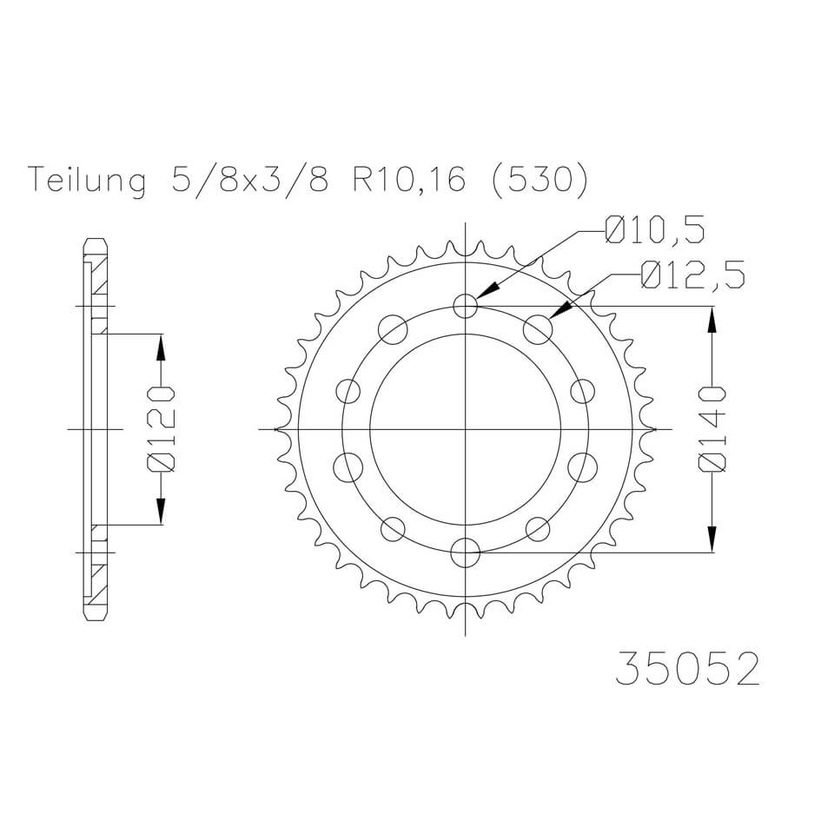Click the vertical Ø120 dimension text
[x=162, y=429]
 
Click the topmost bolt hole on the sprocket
[x=467, y=305]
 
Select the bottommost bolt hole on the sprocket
[x=467, y=551]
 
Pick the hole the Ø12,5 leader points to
[x=539, y=329]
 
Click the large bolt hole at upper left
[x=394, y=329]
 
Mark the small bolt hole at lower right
[x=539, y=527]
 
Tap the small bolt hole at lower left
[x=394, y=527]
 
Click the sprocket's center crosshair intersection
[x=467, y=429]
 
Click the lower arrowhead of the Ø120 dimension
[x=162, y=513]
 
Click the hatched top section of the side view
[x=98, y=278]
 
